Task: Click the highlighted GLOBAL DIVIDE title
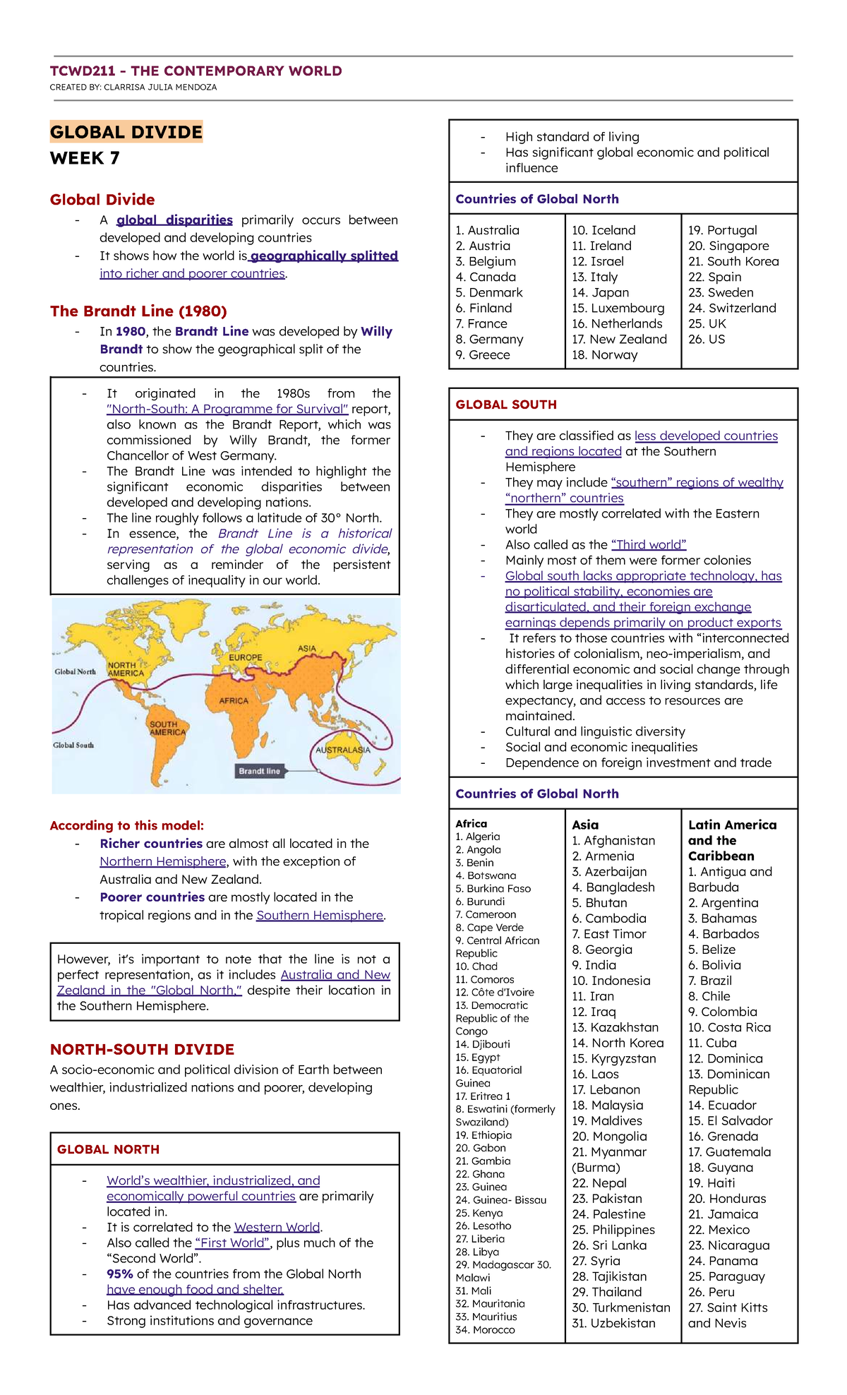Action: click(126, 132)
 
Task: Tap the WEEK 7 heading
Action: click(85, 158)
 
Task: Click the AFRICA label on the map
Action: click(234, 701)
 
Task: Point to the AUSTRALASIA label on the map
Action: click(342, 750)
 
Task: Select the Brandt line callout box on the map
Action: click(259, 771)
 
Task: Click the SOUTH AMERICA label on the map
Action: click(167, 728)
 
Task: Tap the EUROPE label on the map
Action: click(246, 657)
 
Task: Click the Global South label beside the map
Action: click(73, 745)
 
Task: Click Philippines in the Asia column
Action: click(613, 1230)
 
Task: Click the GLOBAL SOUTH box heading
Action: click(506, 405)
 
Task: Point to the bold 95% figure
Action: click(120, 1274)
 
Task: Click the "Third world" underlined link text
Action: click(649, 544)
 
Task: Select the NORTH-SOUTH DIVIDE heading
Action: click(142, 1049)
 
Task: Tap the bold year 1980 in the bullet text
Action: click(131, 331)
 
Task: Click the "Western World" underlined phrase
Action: click(277, 1227)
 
